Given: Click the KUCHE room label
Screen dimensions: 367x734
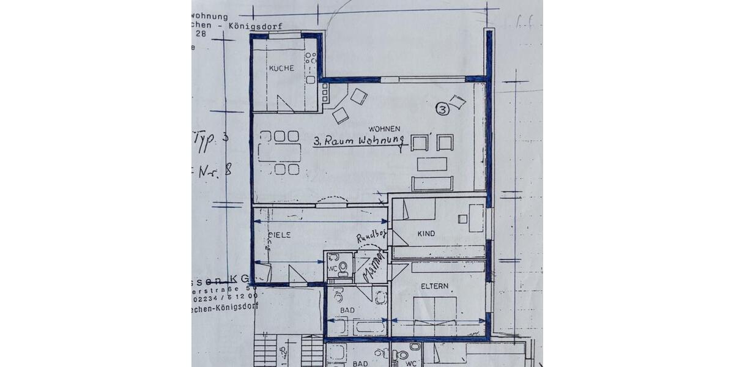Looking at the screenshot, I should pos(281,68).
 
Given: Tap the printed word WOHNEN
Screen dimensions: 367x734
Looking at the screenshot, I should pos(384,128).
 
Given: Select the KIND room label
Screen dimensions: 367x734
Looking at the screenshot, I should pos(426,234).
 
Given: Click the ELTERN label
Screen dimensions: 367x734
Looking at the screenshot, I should pos(434,286).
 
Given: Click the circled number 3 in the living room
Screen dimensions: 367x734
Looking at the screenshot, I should pos(442,109).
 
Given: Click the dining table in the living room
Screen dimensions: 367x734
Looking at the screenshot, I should pos(280,152).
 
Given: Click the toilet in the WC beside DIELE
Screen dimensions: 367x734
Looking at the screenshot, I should pos(343,267).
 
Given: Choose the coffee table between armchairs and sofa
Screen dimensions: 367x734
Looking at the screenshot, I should pos(432,163).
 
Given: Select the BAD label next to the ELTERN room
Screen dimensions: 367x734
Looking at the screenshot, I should pos(347,310).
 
